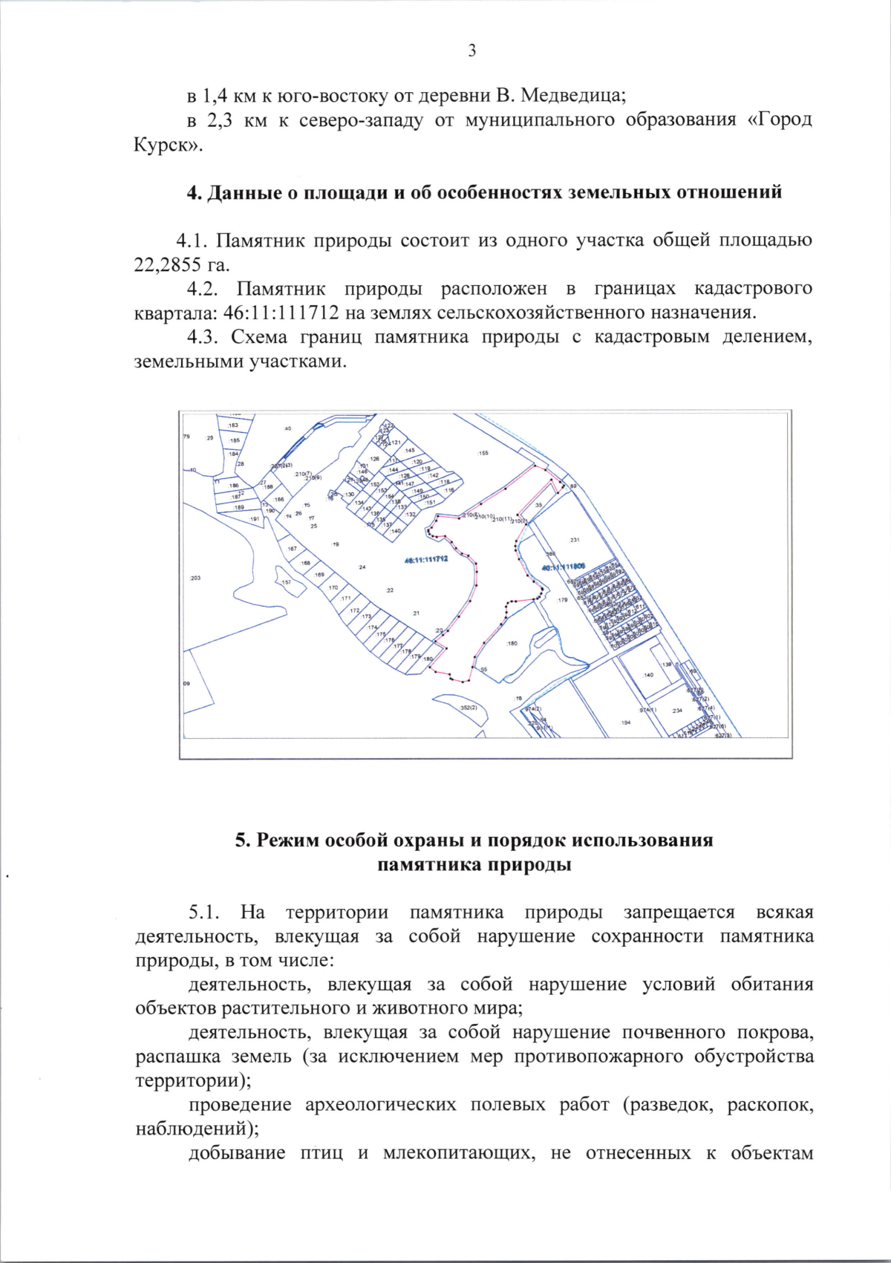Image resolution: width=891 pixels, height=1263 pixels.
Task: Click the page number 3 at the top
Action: coord(472,50)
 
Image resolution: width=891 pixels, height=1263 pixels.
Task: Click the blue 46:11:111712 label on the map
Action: coord(426,560)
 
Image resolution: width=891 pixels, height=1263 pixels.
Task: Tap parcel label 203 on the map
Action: coord(195,578)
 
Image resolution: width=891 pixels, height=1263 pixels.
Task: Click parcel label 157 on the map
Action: coord(286,582)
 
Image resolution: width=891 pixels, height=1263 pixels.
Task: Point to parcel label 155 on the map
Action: coord(483,452)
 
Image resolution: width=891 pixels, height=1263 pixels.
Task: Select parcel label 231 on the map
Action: coord(574,540)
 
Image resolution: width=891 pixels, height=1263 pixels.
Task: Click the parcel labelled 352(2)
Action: coord(469,708)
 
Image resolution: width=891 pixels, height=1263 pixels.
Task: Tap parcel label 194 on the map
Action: coord(626,722)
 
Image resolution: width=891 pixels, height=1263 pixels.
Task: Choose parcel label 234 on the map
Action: coord(676,711)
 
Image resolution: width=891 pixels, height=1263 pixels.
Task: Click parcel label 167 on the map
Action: coord(292,549)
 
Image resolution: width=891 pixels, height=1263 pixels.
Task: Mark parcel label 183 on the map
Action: coord(233,425)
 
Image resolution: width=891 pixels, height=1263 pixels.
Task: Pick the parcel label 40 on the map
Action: coord(288,428)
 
